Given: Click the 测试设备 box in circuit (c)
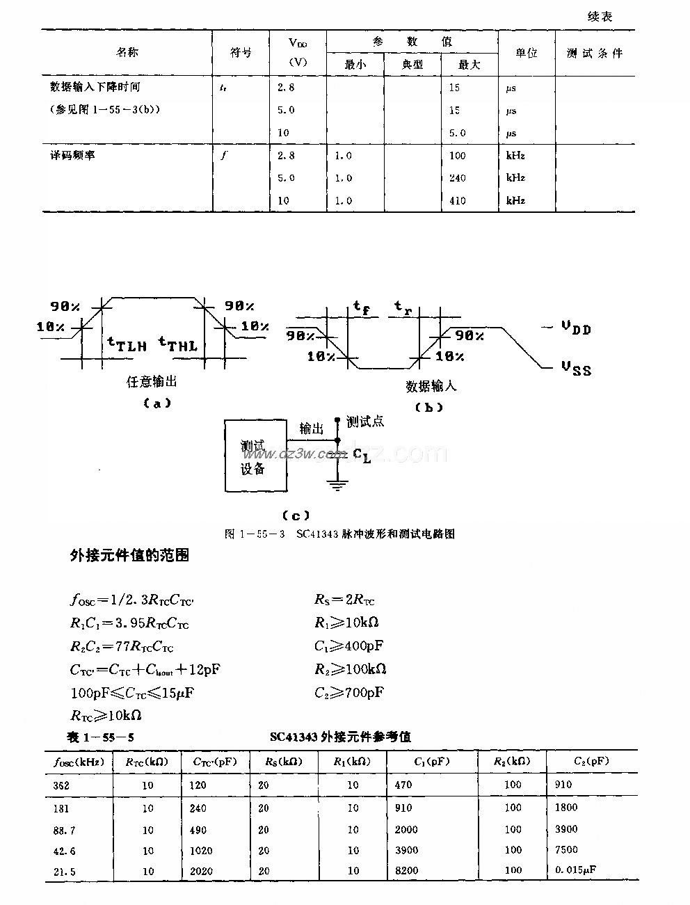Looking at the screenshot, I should (x=254, y=456).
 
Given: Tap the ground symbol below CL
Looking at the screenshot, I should (x=337, y=485).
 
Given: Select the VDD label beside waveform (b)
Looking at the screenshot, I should (x=576, y=328).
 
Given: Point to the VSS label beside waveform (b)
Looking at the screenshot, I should (x=576, y=368).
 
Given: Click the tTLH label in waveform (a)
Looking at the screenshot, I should (x=127, y=343).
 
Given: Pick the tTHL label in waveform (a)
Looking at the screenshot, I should (x=178, y=343).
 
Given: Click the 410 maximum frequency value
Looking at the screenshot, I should (x=458, y=201).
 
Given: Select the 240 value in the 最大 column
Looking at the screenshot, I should (x=458, y=178).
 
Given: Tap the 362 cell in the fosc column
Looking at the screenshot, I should (x=61, y=785).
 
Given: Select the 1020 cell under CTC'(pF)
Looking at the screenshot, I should (x=200, y=850).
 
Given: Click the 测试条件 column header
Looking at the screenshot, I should (x=594, y=53).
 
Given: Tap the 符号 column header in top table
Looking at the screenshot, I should (x=241, y=53).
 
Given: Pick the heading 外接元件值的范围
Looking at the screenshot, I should (x=130, y=555).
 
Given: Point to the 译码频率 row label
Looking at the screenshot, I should (x=72, y=155).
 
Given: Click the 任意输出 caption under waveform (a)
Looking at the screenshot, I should (x=152, y=381).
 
